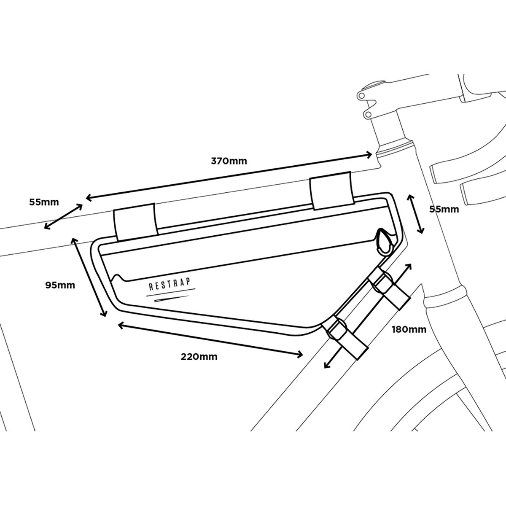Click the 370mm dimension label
[x=229, y=161]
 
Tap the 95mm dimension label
[x=60, y=285]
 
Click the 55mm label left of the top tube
[x=44, y=202]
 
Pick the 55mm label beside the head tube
[x=444, y=209]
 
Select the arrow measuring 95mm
[x=89, y=277]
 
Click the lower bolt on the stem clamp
[x=368, y=114]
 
